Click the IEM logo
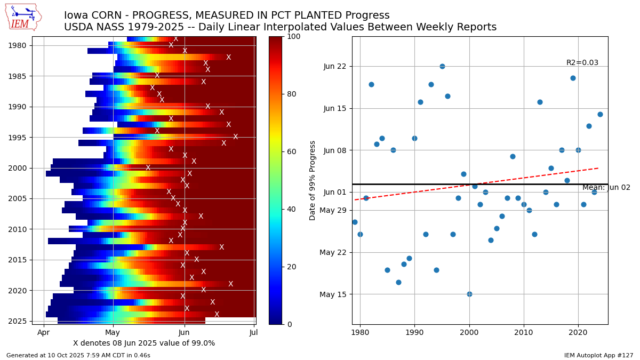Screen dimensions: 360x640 pyautogui.click(x=23, y=17)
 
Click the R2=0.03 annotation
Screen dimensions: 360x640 pyautogui.click(x=582, y=63)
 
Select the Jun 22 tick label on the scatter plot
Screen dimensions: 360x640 pyautogui.click(x=334, y=66)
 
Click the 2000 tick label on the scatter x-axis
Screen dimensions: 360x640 pyautogui.click(x=469, y=332)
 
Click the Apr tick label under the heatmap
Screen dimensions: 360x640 pyautogui.click(x=44, y=332)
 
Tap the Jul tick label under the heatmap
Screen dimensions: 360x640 pyautogui.click(x=254, y=332)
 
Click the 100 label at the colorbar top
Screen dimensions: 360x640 pyautogui.click(x=294, y=37)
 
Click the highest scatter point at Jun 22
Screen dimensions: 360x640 pyautogui.click(x=442, y=66)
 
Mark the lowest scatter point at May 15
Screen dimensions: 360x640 pyautogui.click(x=469, y=294)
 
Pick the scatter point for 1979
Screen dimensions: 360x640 pyautogui.click(x=355, y=222)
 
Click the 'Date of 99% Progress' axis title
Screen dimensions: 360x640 pyautogui.click(x=313, y=180)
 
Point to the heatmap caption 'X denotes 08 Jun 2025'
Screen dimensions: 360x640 pyautogui.click(x=144, y=343)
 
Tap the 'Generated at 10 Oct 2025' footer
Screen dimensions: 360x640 pyautogui.click(x=78, y=355)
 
